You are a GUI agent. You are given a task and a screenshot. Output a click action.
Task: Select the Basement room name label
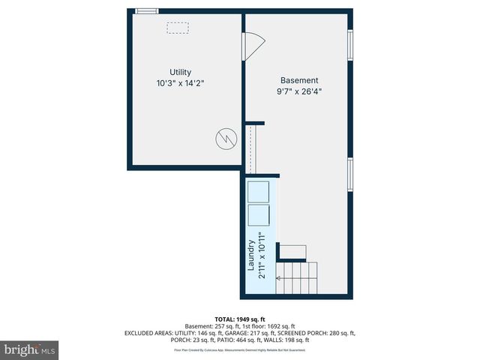coord(299,80)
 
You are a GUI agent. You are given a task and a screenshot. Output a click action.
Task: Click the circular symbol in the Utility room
coord(224,138)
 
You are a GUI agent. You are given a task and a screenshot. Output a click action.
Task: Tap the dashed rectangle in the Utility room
coord(178,28)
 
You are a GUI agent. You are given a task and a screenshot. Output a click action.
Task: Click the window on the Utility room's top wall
coord(147,10)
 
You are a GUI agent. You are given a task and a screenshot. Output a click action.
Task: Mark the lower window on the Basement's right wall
coord(349,174)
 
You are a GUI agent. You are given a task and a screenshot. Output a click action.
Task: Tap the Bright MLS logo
coord(30,349)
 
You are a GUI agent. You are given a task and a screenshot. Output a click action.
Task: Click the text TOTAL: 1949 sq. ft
coord(240,319)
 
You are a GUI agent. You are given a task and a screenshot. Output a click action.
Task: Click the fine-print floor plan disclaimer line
coord(240,350)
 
